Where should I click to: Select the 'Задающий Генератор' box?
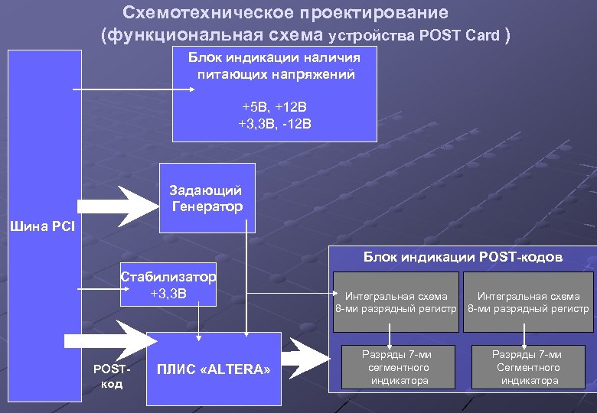pyautogui.click(x=207, y=197)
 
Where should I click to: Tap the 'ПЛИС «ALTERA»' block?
pyautogui.click(x=214, y=369)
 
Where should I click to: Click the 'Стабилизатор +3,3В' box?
pyautogui.click(x=168, y=285)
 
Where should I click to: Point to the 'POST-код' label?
pyautogui.click(x=112, y=376)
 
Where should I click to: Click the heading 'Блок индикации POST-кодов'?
pyautogui.click(x=462, y=257)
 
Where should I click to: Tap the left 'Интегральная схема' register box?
pyautogui.click(x=396, y=301)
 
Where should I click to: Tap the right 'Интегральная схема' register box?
pyautogui.click(x=528, y=301)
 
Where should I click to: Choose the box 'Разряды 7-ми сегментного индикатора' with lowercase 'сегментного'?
pyautogui.click(x=396, y=367)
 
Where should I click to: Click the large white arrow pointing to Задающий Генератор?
pyautogui.click(x=115, y=206)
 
